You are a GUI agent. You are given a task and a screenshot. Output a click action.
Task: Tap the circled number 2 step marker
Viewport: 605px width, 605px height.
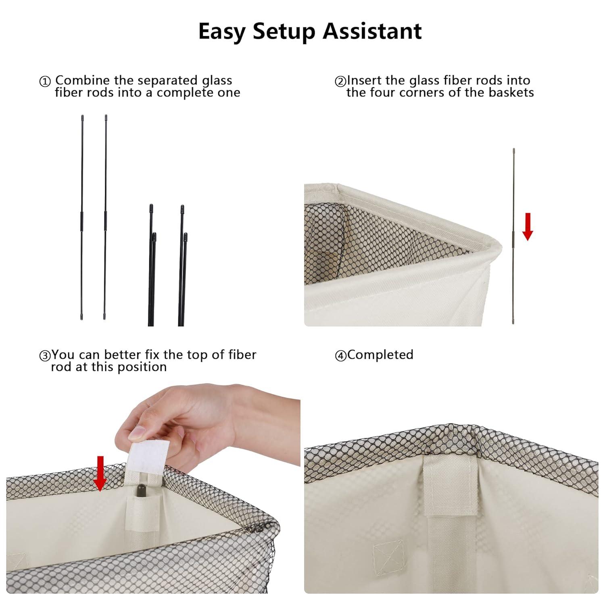(x=340, y=82)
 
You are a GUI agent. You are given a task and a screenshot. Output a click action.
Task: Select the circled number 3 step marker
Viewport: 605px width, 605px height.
(x=44, y=356)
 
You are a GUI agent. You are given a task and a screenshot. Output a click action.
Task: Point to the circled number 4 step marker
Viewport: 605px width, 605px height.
(x=340, y=356)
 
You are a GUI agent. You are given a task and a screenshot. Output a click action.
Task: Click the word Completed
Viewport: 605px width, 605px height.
(x=380, y=355)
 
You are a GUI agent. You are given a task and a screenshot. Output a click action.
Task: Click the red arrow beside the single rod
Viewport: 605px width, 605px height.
(x=528, y=227)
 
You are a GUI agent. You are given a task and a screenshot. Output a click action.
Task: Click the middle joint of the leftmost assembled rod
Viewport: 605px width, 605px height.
(x=82, y=220)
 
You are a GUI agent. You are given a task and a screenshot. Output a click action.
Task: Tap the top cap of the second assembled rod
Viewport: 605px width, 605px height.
(x=106, y=117)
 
